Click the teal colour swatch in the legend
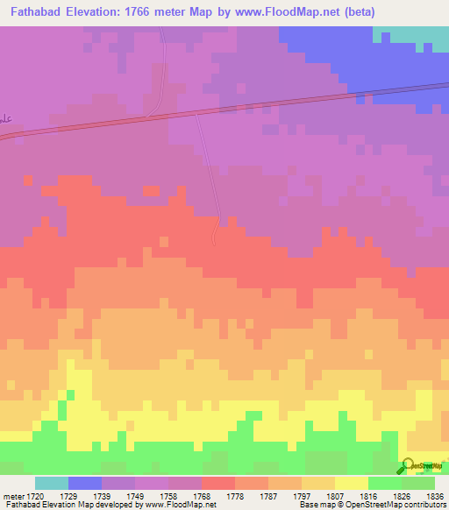52,483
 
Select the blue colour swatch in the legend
85,483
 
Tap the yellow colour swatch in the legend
352,483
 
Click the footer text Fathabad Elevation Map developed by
75,506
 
